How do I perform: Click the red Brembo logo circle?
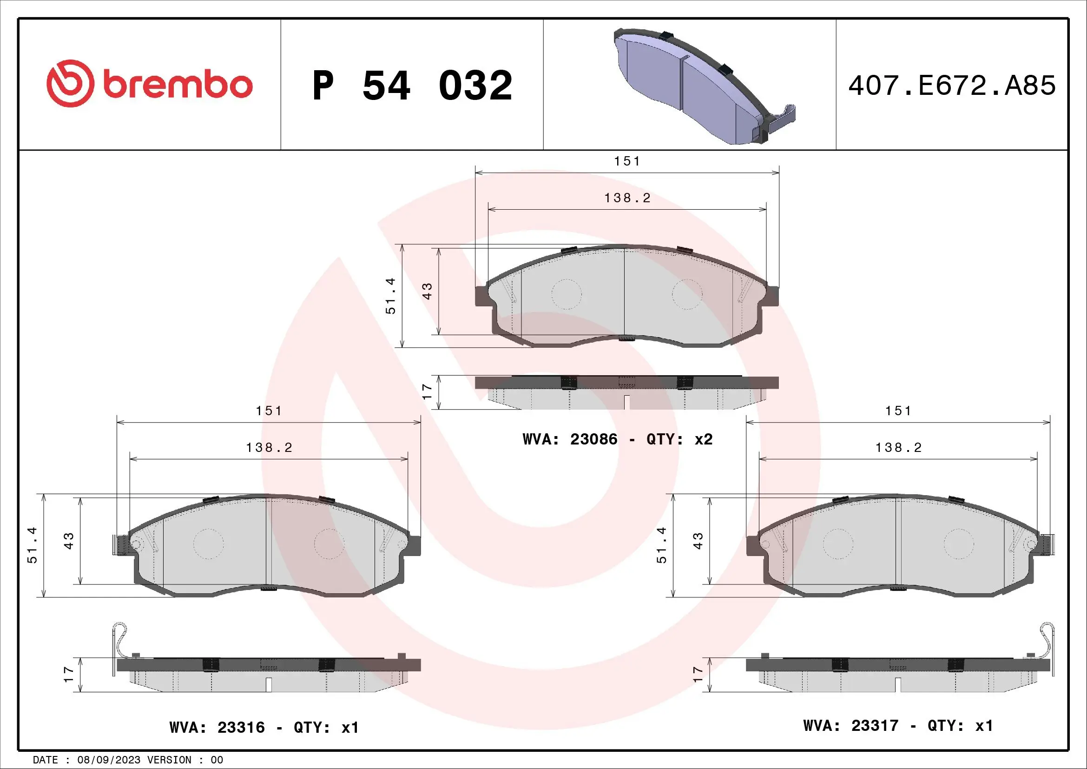(x=69, y=83)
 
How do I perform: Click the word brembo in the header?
(x=177, y=85)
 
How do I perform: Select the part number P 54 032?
(x=412, y=86)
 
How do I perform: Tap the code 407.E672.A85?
(x=952, y=86)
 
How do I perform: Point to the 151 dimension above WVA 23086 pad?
(x=627, y=161)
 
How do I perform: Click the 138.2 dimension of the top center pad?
(x=627, y=198)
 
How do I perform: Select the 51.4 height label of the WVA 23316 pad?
(x=32, y=545)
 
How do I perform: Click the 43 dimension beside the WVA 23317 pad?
(x=698, y=540)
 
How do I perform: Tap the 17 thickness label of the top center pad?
(x=427, y=391)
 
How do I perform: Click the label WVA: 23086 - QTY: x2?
(x=617, y=439)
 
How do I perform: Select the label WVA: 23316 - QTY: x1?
(x=264, y=727)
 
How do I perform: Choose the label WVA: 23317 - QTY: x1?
(x=898, y=726)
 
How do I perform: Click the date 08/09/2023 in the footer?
(x=109, y=760)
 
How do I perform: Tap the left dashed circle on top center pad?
(x=566, y=294)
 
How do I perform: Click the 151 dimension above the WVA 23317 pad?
(x=898, y=411)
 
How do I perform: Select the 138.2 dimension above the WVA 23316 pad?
(x=269, y=447)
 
